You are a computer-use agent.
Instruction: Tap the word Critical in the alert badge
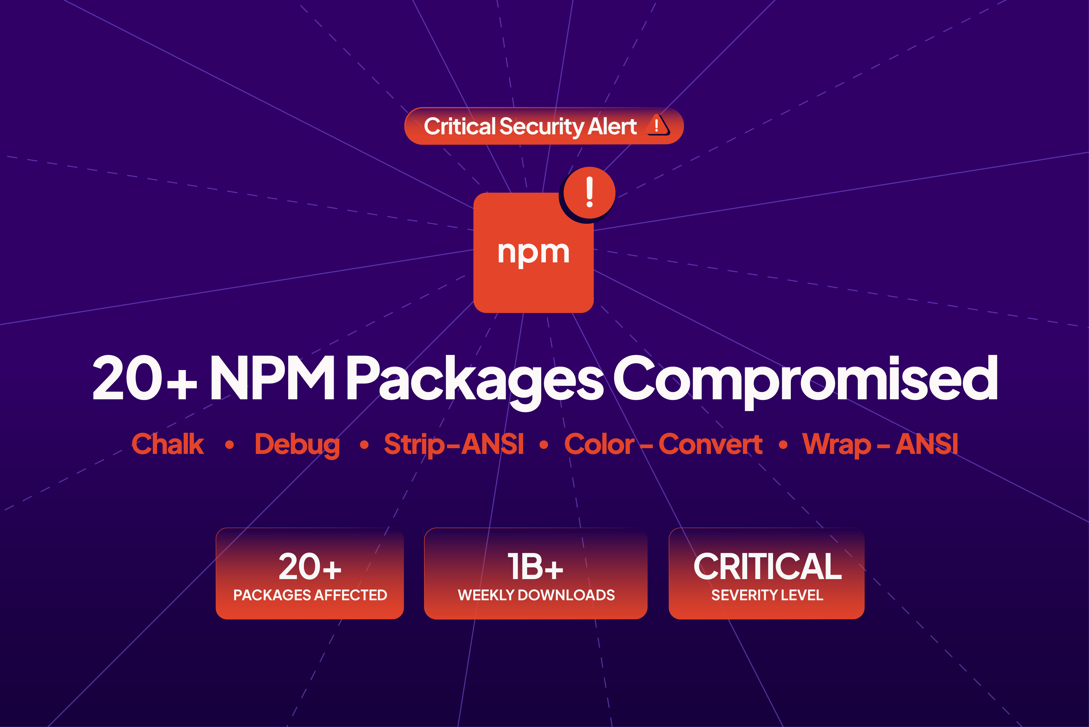click(x=459, y=126)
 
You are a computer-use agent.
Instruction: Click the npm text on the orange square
click(x=533, y=253)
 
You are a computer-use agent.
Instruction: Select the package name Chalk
click(x=168, y=444)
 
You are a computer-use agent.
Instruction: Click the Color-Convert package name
click(x=663, y=444)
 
